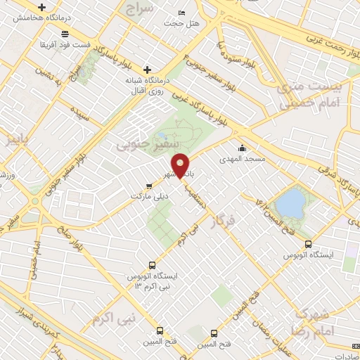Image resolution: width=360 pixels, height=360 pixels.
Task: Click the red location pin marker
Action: [x=181, y=165]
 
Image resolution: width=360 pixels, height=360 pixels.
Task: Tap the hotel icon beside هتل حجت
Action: [x=183, y=13]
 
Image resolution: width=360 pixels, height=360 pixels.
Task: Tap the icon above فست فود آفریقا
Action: [x=65, y=34]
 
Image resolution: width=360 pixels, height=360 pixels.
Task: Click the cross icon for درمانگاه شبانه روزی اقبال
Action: [x=147, y=69]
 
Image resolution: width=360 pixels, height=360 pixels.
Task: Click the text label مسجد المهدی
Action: [x=243, y=159]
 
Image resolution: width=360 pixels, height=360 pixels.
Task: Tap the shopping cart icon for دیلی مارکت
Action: [x=148, y=186]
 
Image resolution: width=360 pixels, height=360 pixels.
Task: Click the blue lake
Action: [x=289, y=204]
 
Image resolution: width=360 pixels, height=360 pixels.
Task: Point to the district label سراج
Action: [x=140, y=8]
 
